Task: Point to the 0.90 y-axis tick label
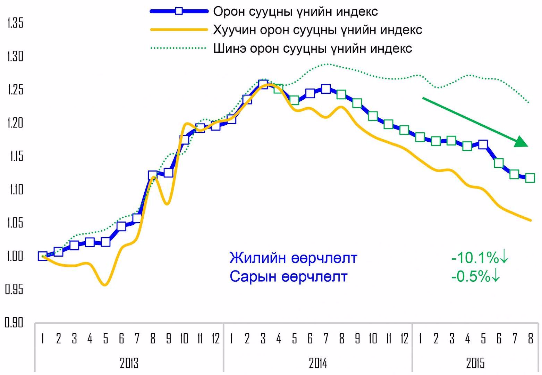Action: point(14,323)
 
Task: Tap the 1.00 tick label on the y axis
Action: point(15,256)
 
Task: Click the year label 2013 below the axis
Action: point(129,363)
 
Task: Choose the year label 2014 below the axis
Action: point(318,363)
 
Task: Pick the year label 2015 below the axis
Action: point(475,363)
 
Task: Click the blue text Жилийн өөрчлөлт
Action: point(293,258)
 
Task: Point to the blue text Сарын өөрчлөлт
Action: point(288,277)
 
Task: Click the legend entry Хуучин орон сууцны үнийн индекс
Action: point(317,30)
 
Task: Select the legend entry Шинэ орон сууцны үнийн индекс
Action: point(312,48)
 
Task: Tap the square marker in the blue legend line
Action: point(179,11)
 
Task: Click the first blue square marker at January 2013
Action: point(43,256)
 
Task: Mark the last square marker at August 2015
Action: point(530,178)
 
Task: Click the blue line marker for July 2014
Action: point(325,89)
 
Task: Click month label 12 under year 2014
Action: point(404,338)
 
